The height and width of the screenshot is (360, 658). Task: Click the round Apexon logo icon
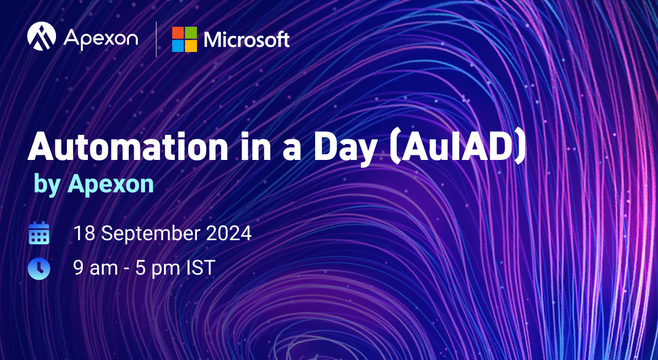click(42, 36)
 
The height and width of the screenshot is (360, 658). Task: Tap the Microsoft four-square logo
click(185, 40)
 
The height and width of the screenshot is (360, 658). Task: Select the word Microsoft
click(247, 40)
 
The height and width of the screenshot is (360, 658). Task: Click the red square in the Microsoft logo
click(178, 32)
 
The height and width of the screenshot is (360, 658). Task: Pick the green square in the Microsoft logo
click(191, 32)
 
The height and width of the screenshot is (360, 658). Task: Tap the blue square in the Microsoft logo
click(178, 46)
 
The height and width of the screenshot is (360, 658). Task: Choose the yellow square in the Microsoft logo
click(191, 46)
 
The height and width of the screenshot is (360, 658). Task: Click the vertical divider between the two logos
click(156, 39)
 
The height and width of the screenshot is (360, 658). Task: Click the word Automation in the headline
click(128, 147)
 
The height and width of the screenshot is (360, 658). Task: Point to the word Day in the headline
click(345, 149)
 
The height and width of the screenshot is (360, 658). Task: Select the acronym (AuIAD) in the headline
click(458, 148)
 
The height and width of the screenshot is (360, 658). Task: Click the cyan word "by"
click(47, 185)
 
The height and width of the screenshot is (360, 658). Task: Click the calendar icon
click(39, 233)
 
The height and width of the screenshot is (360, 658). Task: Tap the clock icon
click(39, 268)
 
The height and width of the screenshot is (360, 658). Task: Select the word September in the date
click(151, 234)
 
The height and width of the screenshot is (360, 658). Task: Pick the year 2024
click(229, 233)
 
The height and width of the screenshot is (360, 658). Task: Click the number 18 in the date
click(85, 233)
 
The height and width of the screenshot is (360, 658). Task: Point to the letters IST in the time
click(201, 268)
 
